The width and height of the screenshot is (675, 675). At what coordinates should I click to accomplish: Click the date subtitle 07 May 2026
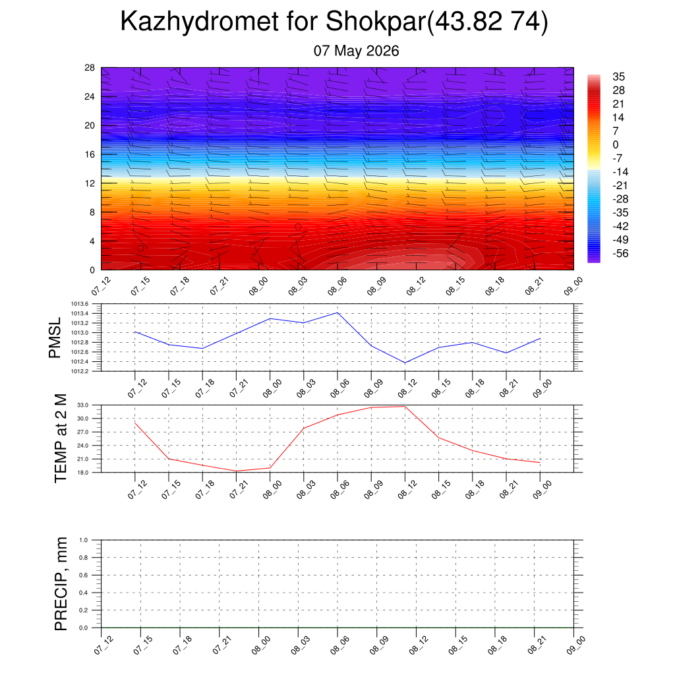pyautogui.click(x=356, y=51)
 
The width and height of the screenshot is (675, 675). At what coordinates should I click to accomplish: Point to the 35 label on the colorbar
pyautogui.click(x=618, y=76)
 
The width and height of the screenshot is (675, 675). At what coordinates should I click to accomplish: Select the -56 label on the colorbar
pyautogui.click(x=620, y=254)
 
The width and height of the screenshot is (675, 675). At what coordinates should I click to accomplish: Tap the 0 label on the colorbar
pyautogui.click(x=616, y=144)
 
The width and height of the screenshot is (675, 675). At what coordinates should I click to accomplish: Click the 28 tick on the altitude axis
pyautogui.click(x=90, y=68)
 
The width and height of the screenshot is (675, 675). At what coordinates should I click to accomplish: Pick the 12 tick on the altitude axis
pyautogui.click(x=90, y=183)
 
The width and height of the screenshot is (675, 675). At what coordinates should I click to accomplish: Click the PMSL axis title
pyautogui.click(x=55, y=338)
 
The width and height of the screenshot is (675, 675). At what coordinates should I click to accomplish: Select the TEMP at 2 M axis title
pyautogui.click(x=61, y=438)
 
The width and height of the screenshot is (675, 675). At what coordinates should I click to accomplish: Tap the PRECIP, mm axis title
pyautogui.click(x=61, y=584)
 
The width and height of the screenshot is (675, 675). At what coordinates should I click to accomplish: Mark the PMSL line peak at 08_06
pyautogui.click(x=337, y=313)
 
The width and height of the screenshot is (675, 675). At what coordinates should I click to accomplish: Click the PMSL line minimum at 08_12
pyautogui.click(x=405, y=363)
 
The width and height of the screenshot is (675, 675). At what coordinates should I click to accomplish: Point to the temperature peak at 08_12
pyautogui.click(x=405, y=406)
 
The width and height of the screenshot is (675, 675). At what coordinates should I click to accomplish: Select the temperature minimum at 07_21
pyautogui.click(x=237, y=471)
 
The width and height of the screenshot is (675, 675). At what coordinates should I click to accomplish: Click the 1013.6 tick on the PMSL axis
pyautogui.click(x=80, y=304)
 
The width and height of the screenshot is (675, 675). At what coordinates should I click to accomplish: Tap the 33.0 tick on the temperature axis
pyautogui.click(x=82, y=405)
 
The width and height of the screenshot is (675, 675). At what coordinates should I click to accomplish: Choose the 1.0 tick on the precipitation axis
pyautogui.click(x=84, y=540)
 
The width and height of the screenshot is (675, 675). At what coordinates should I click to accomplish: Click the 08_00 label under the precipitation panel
pyautogui.click(x=261, y=645)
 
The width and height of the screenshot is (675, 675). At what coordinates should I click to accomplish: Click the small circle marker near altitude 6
pyautogui.click(x=298, y=227)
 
